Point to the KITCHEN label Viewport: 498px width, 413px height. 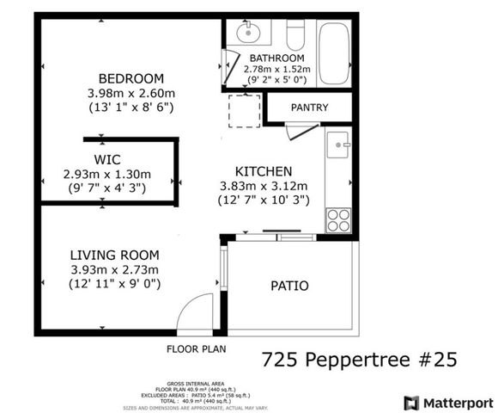point(264,171)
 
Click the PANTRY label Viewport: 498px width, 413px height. point(309,108)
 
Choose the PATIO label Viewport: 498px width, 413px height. point(289,286)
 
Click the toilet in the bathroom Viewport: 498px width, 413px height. point(295,35)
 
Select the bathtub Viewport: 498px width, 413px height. point(334,52)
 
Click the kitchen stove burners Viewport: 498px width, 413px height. point(338,219)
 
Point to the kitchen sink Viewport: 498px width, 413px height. point(338,143)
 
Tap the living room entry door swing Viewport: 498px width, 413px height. point(197,313)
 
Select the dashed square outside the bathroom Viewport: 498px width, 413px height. point(244,112)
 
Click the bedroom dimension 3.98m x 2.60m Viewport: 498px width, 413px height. point(131,92)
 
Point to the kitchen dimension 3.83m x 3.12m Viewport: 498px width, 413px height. point(264,186)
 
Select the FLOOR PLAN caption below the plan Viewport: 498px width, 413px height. point(196,349)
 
